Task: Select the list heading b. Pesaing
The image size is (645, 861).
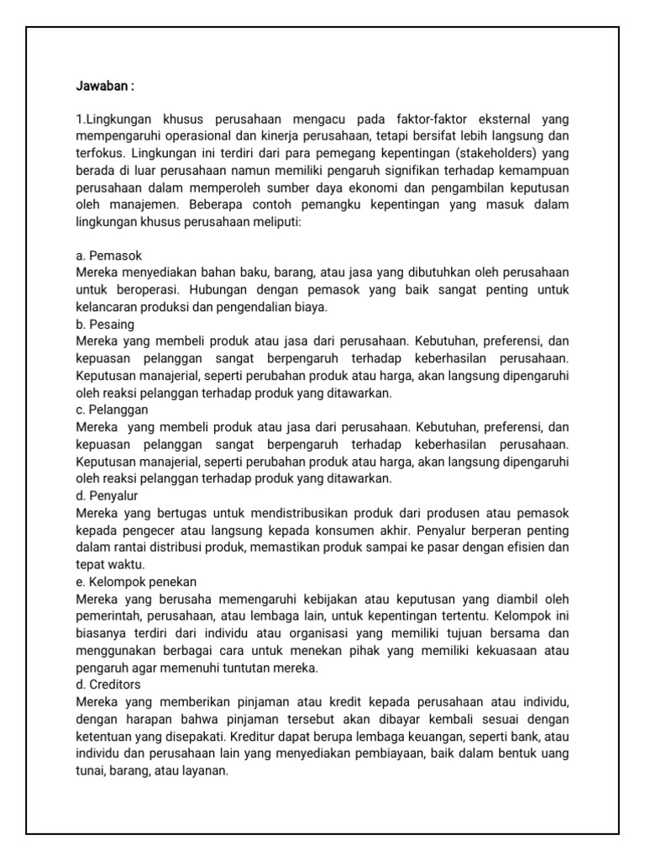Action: pyautogui.click(x=105, y=324)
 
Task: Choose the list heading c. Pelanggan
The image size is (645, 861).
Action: pyautogui.click(x=112, y=409)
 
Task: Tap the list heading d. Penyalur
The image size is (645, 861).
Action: pyautogui.click(x=108, y=495)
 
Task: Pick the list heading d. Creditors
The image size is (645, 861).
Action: pyautogui.click(x=108, y=684)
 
